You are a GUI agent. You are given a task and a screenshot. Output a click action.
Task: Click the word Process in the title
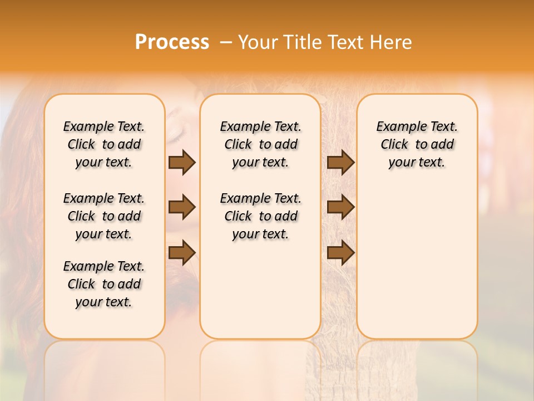pos(172,42)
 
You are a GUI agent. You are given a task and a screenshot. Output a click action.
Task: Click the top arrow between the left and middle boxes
pos(182,162)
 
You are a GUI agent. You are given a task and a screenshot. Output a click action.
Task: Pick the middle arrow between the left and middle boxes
pos(182,207)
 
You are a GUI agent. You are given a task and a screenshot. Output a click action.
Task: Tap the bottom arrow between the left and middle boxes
pos(182,252)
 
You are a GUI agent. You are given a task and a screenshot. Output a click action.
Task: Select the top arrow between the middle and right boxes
pos(341,162)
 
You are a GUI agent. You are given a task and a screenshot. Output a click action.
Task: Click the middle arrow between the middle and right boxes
pos(341,207)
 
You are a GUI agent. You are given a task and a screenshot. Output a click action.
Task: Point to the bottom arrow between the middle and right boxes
pos(341,252)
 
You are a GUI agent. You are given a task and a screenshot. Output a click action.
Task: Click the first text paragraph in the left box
pos(104,144)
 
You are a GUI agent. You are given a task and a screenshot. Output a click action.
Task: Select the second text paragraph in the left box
pos(104,216)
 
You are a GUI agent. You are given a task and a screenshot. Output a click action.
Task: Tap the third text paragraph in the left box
pos(104,284)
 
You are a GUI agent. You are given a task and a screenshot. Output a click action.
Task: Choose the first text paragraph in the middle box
pos(260,144)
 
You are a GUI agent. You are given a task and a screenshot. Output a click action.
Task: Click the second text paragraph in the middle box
pos(260,216)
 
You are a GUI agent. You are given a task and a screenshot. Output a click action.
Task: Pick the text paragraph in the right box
pos(417,144)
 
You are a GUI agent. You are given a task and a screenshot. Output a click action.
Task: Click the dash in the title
pos(226,42)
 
